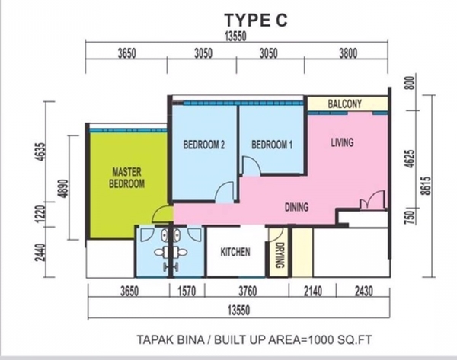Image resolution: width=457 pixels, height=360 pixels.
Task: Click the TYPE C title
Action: click(256, 21)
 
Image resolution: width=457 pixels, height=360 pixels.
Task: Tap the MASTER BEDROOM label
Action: click(126, 177)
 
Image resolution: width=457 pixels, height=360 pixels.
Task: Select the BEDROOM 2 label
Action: click(204, 145)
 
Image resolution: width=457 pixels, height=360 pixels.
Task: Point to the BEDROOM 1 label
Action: click(272, 145)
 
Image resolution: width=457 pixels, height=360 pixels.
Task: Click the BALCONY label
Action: click(344, 104)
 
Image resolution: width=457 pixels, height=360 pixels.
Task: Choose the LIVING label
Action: click(342, 142)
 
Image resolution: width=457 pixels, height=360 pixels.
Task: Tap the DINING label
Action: click(296, 207)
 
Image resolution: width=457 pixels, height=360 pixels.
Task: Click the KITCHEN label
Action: click(235, 252)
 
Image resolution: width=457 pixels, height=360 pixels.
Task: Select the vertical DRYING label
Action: click(280, 255)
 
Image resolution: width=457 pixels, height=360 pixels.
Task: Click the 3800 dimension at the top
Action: click(348, 53)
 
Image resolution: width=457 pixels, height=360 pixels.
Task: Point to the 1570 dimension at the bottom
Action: click(187, 292)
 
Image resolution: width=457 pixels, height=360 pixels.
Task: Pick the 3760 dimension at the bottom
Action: click(248, 292)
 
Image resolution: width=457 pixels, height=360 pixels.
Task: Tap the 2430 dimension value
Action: click(364, 292)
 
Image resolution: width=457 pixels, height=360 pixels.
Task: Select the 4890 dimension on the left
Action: click(63, 189)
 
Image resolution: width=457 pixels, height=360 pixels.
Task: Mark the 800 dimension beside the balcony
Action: click(410, 83)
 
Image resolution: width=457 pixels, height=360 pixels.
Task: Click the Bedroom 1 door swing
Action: click(251, 166)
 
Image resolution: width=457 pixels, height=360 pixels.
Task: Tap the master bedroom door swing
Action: click(162, 214)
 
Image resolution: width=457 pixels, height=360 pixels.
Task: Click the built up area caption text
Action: click(254, 339)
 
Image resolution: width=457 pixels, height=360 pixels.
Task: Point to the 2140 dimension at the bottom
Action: click(313, 292)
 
